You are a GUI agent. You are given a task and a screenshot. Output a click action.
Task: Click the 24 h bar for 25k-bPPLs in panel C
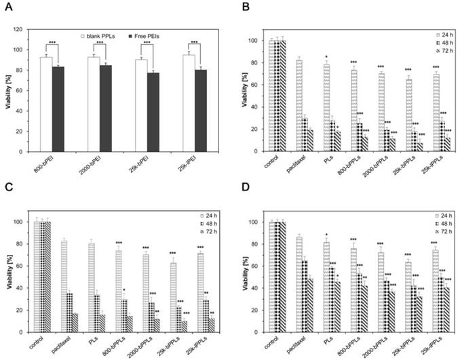click(x=174, y=297)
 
